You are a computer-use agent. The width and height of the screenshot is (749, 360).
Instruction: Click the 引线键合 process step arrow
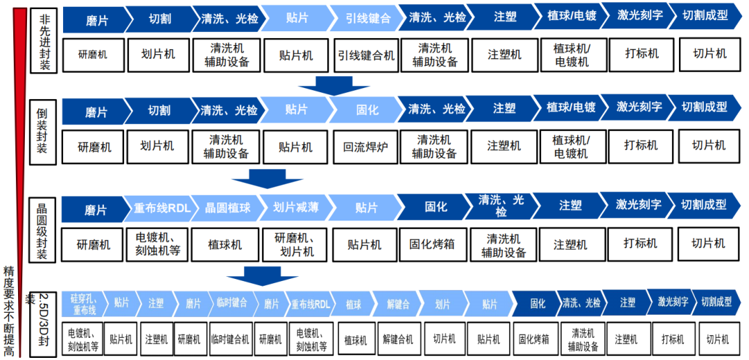[364, 18]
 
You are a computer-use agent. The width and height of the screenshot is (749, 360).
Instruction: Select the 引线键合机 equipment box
[365, 55]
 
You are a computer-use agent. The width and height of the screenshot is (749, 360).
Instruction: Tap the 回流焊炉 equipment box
[365, 146]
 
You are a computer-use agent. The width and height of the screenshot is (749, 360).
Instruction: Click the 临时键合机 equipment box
[230, 339]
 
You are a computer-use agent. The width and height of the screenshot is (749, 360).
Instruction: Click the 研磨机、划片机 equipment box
[295, 244]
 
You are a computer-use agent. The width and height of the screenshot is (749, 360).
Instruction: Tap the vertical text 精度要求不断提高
[9, 309]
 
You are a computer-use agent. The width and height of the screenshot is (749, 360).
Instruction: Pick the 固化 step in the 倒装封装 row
[367, 110]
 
